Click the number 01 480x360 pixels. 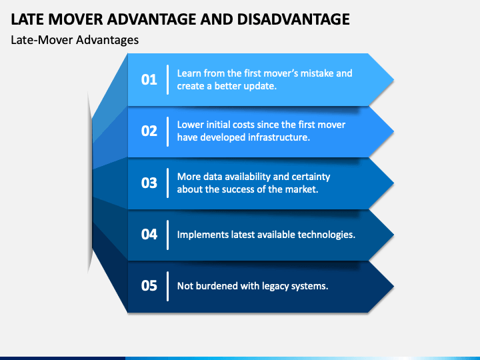point(149,79)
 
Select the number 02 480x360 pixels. point(149,131)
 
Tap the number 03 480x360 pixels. point(149,183)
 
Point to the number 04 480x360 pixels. point(149,234)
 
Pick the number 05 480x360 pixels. point(149,285)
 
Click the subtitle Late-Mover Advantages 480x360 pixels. point(75,40)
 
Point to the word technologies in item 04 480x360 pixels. point(325,234)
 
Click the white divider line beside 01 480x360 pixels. point(167,79)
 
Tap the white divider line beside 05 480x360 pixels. point(167,285)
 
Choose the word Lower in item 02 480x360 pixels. point(191,125)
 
